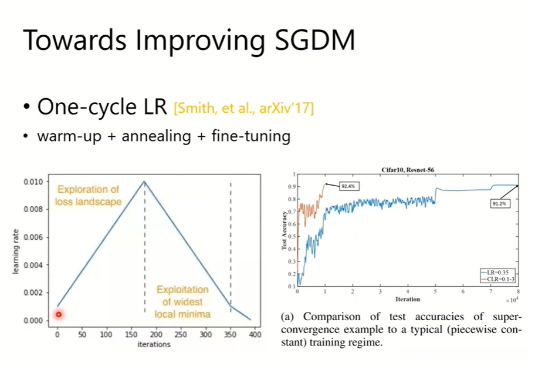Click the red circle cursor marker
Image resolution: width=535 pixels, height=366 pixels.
pyautogui.click(x=59, y=314)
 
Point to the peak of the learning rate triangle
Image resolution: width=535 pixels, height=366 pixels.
pyautogui.click(x=144, y=182)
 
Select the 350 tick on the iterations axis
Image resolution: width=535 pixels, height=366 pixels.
pyautogui.click(x=230, y=335)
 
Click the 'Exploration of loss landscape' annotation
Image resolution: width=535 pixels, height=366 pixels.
pyautogui.click(x=88, y=196)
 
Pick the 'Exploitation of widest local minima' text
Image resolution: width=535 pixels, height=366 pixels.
pyautogui.click(x=182, y=302)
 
